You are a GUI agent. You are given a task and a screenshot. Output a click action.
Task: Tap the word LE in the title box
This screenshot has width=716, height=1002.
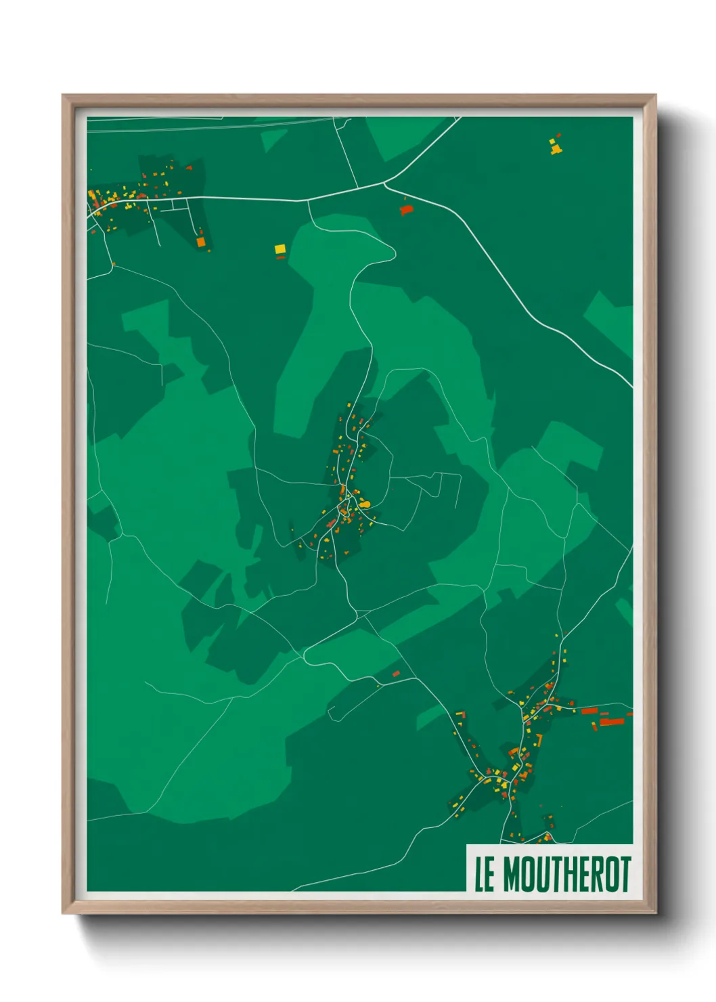484,875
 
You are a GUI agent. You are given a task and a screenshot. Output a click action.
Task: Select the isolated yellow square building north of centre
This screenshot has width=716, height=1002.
280,249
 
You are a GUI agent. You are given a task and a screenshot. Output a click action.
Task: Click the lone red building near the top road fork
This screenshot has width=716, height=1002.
406,210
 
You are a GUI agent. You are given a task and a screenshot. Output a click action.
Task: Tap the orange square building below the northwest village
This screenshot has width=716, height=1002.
200,241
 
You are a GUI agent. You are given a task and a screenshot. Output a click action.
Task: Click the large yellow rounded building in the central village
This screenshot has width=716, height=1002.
365,504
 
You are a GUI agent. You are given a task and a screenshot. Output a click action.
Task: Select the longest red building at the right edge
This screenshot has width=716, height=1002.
611,722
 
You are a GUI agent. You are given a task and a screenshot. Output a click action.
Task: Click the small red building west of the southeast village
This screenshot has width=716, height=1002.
396,674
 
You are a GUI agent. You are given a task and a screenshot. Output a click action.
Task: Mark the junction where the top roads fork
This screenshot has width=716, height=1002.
384,182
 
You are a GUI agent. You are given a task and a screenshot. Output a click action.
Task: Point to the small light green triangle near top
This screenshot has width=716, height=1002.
273,139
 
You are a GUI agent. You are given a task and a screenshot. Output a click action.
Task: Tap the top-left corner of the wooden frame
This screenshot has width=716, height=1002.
63,95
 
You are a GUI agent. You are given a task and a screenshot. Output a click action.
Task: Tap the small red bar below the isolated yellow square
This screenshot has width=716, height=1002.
280,257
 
